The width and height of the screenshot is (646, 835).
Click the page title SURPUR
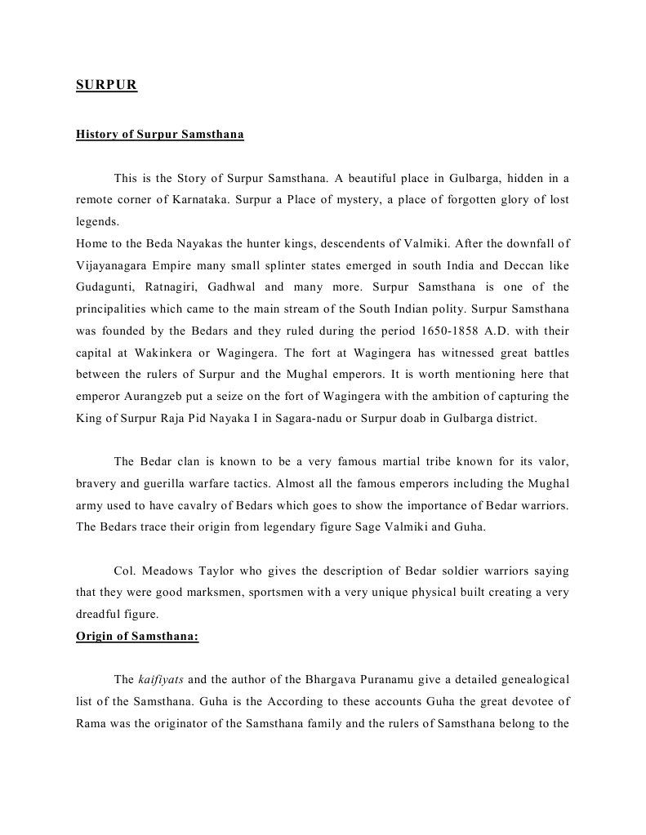click(x=106, y=84)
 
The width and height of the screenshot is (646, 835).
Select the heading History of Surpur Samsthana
click(x=159, y=134)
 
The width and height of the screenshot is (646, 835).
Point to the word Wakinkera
click(x=157, y=353)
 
